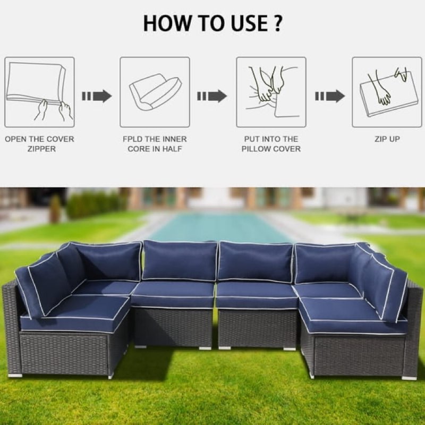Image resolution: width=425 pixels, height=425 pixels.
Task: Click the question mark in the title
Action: coord(277,23)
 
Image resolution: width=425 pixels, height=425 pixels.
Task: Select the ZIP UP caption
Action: coord(387,139)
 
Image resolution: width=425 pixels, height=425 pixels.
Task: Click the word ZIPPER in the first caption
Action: coord(41,149)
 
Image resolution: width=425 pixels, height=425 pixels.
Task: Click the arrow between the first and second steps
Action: coord(97,96)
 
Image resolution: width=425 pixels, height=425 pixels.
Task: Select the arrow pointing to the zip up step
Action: coord(329,96)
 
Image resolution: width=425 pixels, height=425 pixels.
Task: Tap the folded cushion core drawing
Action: coord(155,91)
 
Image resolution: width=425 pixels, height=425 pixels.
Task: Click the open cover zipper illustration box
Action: coord(39,92)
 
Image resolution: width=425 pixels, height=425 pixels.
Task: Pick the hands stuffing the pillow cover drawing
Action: coord(271,91)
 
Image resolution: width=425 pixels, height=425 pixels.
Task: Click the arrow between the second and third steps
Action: coord(212,96)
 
